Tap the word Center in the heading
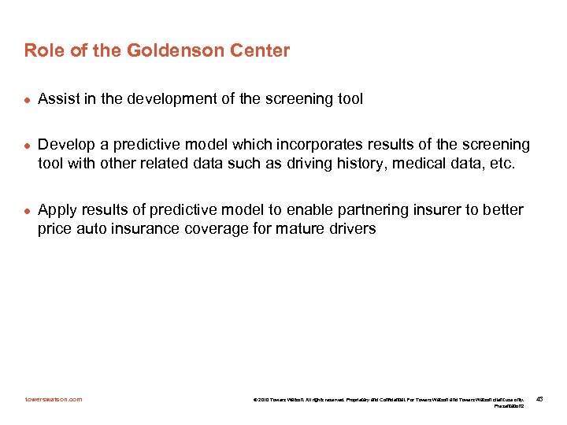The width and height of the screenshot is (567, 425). tap(260, 51)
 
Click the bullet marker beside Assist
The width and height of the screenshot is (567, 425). tap(26, 99)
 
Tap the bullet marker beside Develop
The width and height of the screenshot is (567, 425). tap(26, 146)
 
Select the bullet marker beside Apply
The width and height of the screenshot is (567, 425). tap(26, 210)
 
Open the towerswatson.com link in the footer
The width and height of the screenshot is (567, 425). tap(53, 399)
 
